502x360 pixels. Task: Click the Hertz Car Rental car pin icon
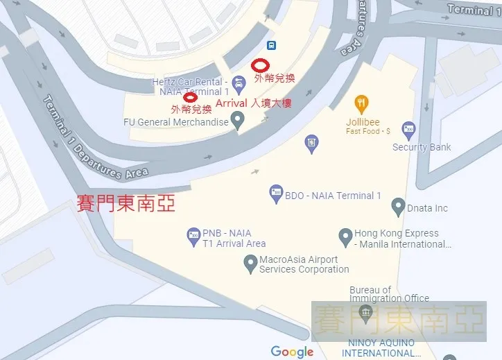point(239,87)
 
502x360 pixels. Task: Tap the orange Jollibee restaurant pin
point(361,105)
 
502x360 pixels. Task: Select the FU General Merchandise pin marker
point(239,122)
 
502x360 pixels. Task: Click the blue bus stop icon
point(272,46)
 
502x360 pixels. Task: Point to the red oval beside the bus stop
point(260,65)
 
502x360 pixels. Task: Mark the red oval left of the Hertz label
point(189,97)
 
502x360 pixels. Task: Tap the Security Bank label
point(422,147)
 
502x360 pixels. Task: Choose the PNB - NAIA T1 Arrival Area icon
point(193,237)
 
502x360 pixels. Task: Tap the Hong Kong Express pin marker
point(345,237)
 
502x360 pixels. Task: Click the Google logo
point(292,352)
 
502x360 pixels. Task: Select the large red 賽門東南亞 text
point(125,203)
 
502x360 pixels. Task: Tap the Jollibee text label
point(364,122)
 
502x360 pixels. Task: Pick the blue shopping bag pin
point(312,144)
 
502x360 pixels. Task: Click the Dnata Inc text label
point(428,208)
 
